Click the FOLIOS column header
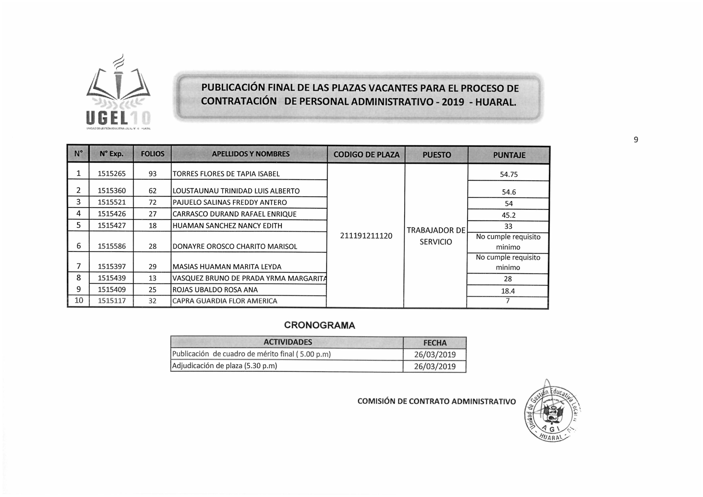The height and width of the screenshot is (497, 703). coord(153,154)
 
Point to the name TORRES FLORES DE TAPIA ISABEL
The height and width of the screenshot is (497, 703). coord(226,174)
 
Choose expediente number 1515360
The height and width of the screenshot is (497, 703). coord(112,191)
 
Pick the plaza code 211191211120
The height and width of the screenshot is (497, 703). coord(366,236)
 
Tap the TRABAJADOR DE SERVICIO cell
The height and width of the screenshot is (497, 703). coord(436,236)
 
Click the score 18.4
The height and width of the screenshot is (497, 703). coord(508,291)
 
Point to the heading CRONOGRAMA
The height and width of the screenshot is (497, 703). coord(319,325)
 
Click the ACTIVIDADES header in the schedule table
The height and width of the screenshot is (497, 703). coord(288,342)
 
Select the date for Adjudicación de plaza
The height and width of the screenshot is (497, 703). coord(435,367)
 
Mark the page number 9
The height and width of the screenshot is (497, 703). coord(636,140)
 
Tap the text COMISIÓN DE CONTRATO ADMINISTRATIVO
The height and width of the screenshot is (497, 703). coord(436,401)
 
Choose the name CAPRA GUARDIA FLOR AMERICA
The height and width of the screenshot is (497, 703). coord(225,301)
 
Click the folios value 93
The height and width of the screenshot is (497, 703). coord(153,174)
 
